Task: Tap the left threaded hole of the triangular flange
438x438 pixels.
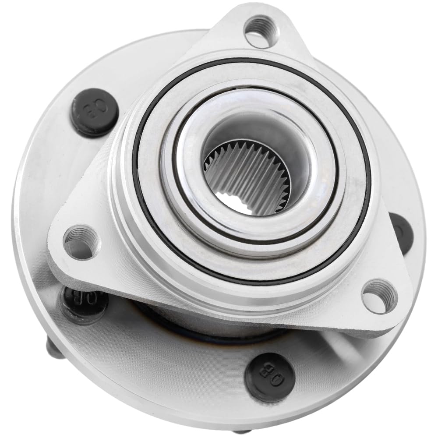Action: (x=80, y=242)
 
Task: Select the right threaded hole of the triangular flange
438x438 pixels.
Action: (x=379, y=297)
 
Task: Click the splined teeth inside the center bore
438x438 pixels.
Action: (x=245, y=175)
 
